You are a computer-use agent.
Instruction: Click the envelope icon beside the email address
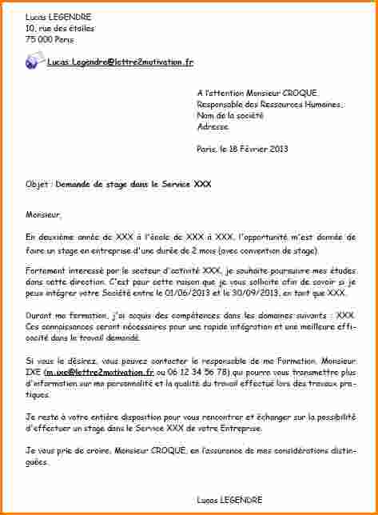tap(35, 61)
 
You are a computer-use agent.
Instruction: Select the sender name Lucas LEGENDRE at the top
tap(58, 17)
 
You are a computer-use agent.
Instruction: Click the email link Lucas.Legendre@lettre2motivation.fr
tap(120, 62)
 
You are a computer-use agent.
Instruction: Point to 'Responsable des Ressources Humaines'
tap(269, 104)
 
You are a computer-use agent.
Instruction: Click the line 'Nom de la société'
tap(232, 115)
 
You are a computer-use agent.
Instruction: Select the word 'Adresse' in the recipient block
tap(213, 126)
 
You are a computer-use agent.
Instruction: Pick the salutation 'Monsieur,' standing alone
tap(43, 214)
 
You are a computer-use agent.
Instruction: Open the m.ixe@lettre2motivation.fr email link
tap(100, 372)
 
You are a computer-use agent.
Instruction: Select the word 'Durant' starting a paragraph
tap(39, 316)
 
